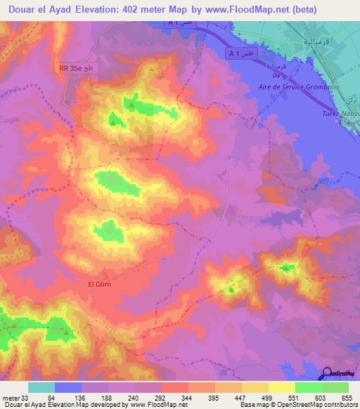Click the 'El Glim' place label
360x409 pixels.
[x=99, y=283]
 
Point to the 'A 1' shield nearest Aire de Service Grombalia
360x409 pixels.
[x=240, y=53]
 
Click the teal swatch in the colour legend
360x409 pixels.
[x=41, y=388]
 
